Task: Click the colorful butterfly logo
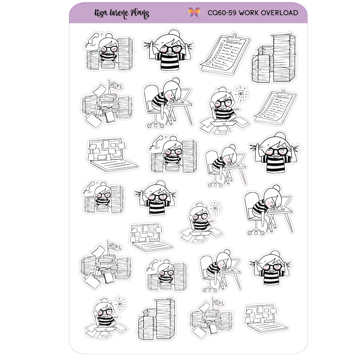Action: (194, 12)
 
